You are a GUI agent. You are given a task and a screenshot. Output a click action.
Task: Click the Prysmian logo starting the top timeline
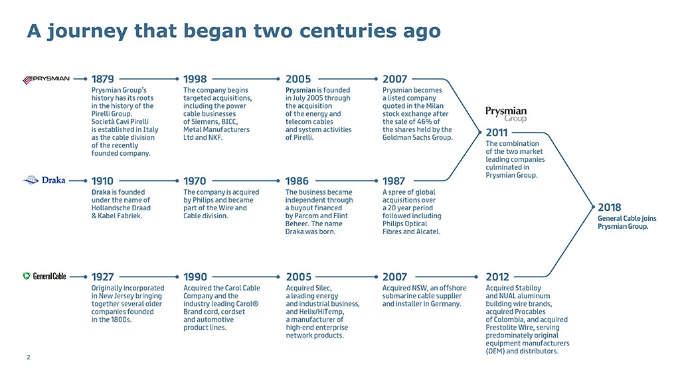click(46, 80)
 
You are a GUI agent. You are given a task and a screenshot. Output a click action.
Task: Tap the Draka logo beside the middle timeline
click(44, 180)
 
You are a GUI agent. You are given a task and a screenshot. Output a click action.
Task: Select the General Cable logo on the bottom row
click(44, 277)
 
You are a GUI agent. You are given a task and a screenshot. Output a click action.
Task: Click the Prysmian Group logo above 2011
click(506, 114)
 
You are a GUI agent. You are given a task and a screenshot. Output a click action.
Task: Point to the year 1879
click(103, 80)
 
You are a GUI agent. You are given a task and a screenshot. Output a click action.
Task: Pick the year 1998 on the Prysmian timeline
click(195, 80)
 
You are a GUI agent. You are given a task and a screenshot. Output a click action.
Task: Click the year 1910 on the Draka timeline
click(102, 181)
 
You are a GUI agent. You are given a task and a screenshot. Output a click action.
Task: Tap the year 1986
click(297, 181)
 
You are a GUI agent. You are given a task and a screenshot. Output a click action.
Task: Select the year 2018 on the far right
click(610, 208)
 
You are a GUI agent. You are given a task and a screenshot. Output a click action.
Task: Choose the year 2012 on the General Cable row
click(497, 277)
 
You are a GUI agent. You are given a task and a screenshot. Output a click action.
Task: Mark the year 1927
click(102, 277)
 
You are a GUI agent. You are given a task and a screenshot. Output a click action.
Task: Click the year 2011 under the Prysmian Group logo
click(497, 133)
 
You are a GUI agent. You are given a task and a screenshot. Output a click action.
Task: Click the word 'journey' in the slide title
click(88, 32)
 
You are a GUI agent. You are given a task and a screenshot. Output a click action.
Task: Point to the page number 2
click(29, 357)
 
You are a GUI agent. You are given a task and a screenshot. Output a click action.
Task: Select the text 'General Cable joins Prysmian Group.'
click(627, 223)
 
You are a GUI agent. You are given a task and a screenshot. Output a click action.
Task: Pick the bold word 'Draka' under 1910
click(101, 192)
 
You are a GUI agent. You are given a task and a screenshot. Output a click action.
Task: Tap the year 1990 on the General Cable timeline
click(195, 277)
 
